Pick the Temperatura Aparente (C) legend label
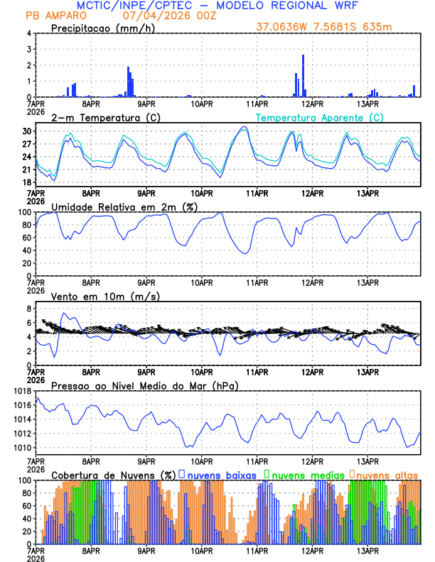coord(319,117)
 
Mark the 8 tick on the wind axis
coord(29,309)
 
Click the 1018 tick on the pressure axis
coord(21,392)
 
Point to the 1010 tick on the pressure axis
coord(21,448)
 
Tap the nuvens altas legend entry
coord(387,474)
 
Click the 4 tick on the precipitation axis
coord(29,33)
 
